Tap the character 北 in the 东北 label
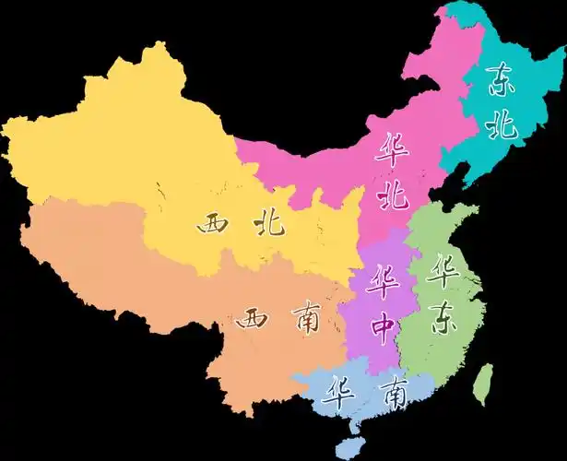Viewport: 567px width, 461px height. [503, 124]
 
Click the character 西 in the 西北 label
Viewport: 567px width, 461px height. [214, 223]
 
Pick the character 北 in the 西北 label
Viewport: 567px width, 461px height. [270, 223]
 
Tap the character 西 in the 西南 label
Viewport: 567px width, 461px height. [253, 320]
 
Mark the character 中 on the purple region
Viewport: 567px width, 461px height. [381, 325]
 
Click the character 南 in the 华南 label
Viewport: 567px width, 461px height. [394, 395]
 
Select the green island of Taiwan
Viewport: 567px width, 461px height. [480, 384]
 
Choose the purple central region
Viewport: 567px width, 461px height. [369, 350]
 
